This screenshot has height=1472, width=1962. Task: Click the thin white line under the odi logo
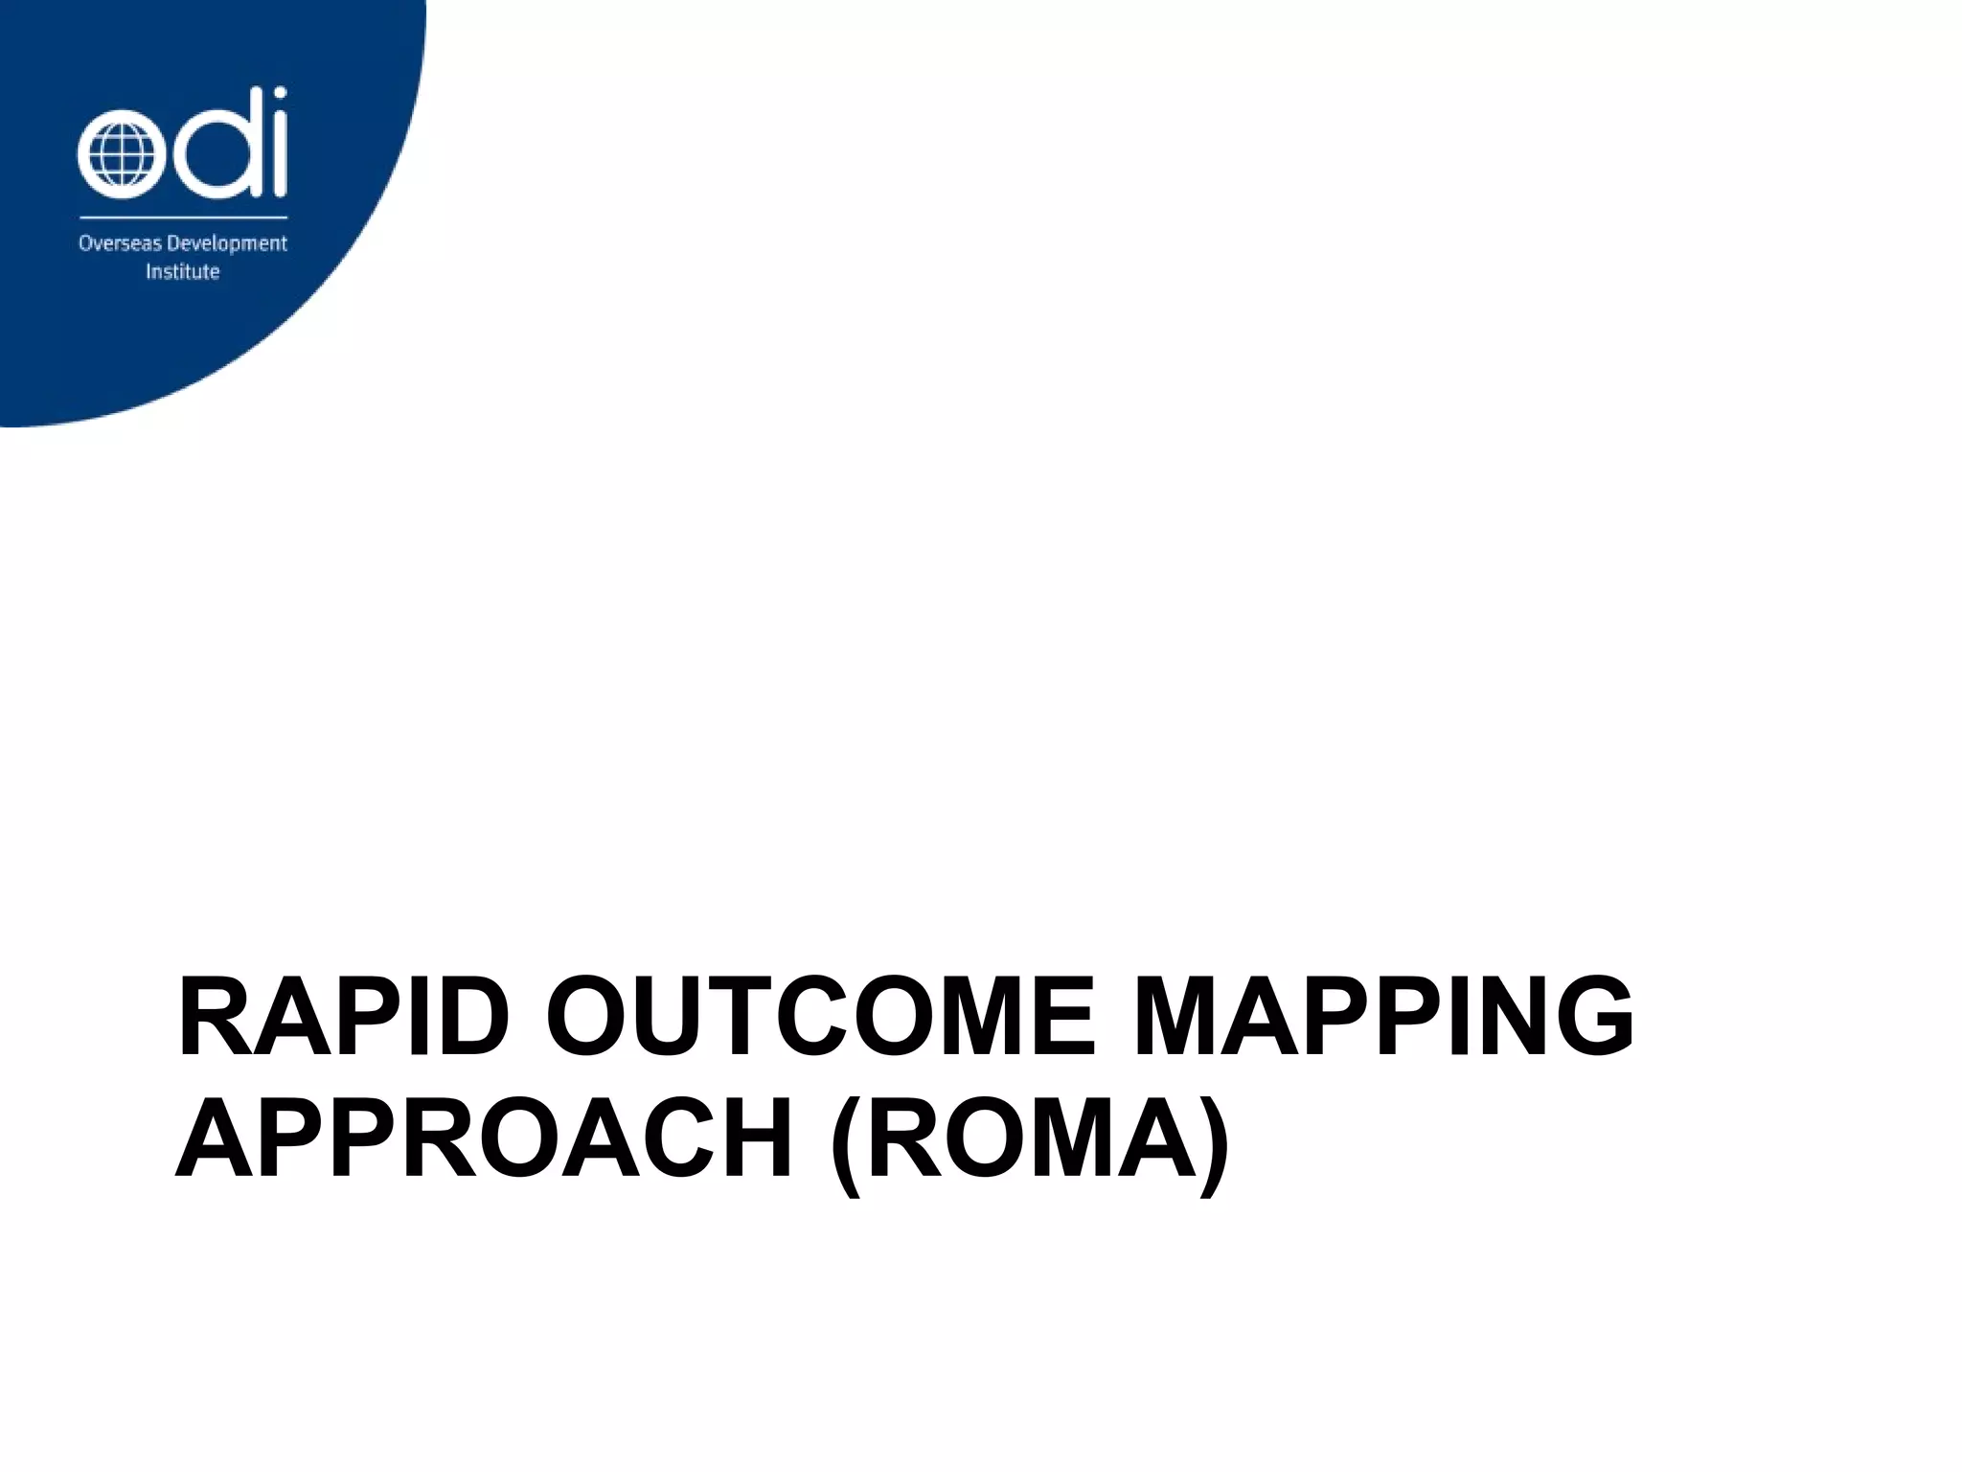click(x=182, y=218)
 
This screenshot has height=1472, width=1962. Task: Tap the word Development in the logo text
click(x=227, y=244)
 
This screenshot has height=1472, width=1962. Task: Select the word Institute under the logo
click(x=182, y=272)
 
